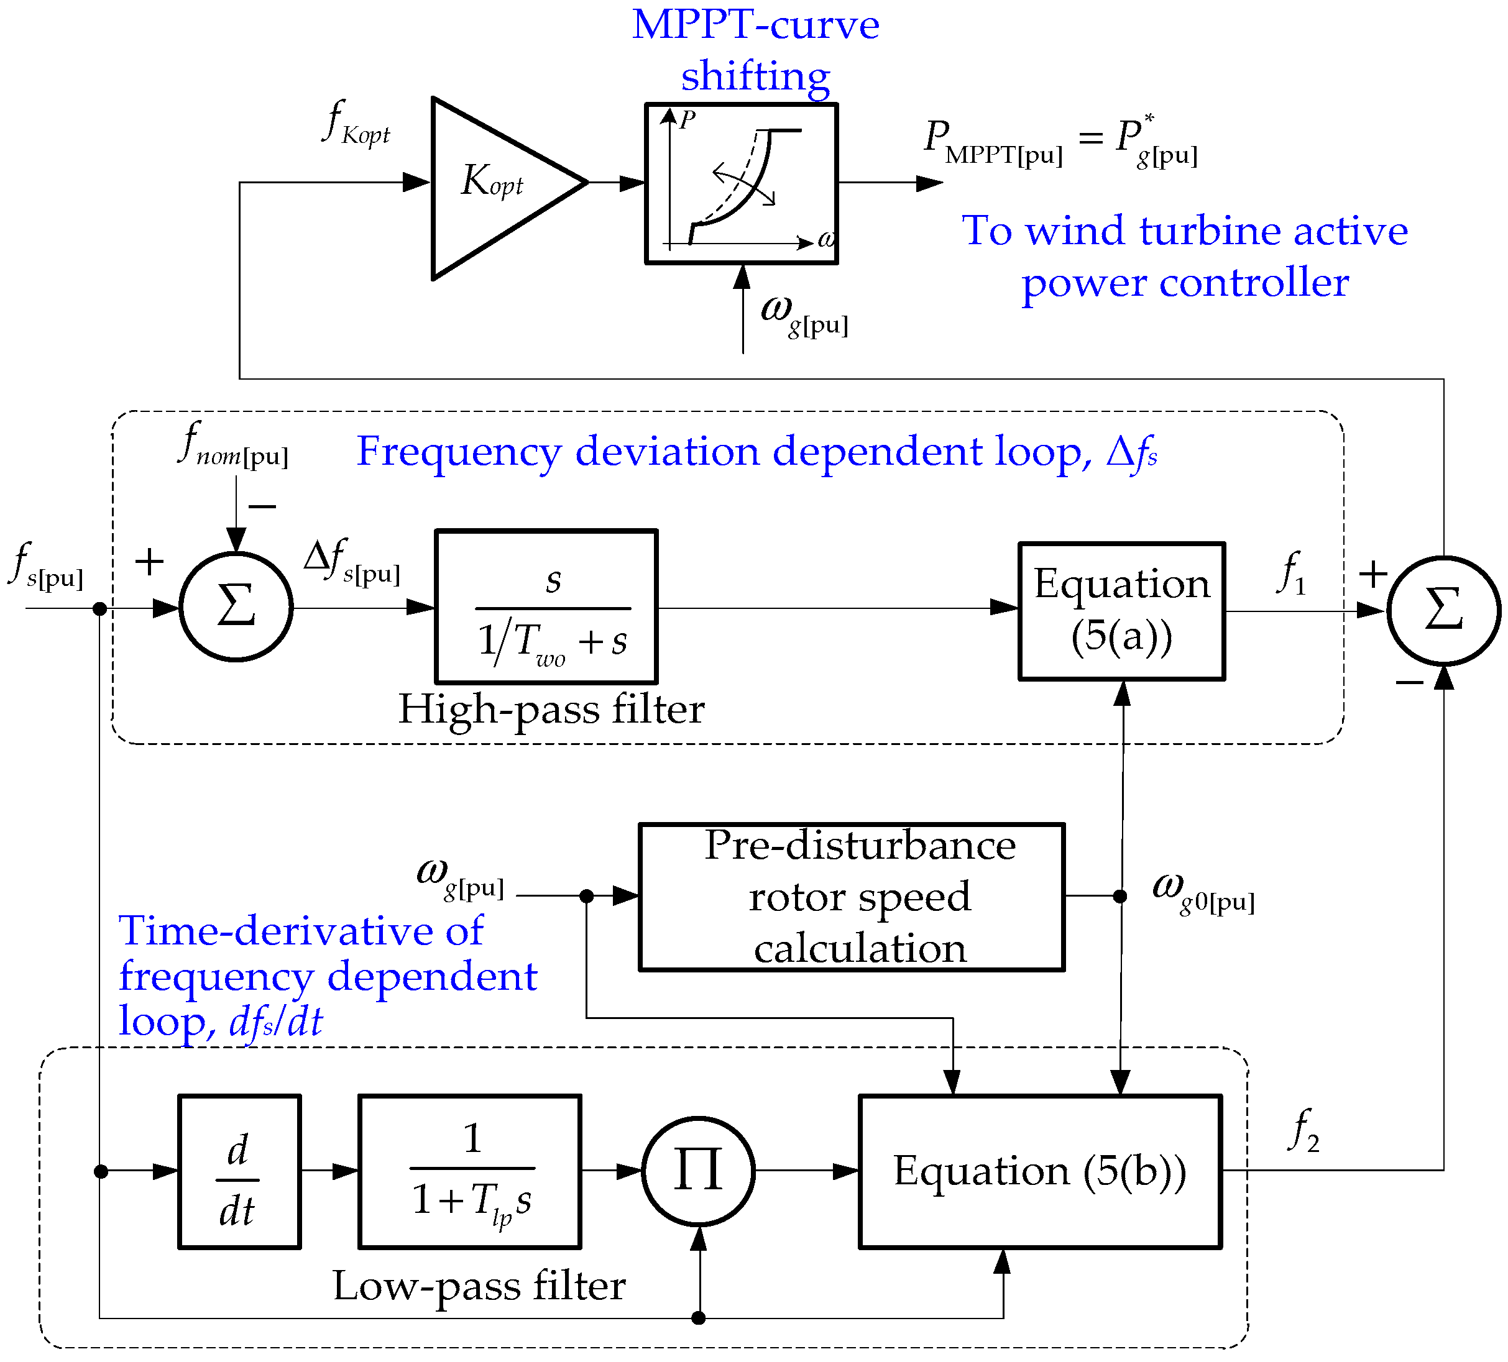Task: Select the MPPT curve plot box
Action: [740, 183]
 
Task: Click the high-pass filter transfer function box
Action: [546, 607]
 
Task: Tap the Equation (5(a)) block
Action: [1121, 611]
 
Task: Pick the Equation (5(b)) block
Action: [1040, 1172]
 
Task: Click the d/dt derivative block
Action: [239, 1172]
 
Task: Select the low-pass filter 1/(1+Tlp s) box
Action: [470, 1172]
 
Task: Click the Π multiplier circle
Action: [698, 1172]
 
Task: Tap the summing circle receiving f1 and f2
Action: [1443, 611]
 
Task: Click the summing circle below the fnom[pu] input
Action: [236, 607]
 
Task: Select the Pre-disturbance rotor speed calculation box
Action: [851, 897]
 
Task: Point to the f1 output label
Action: [1292, 574]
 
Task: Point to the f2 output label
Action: [1303, 1131]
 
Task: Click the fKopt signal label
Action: [356, 124]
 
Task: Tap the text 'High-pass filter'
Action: [551, 709]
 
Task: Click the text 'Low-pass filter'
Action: [479, 1286]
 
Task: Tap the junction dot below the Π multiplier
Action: [698, 1318]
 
